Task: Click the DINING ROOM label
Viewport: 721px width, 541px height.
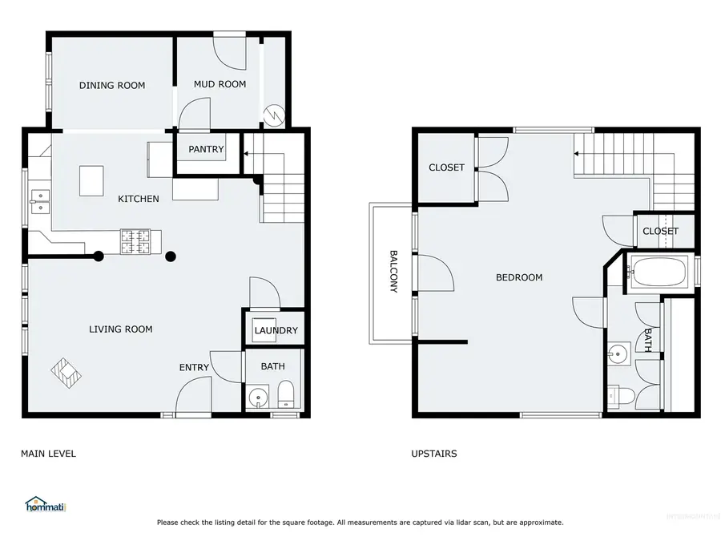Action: (112, 85)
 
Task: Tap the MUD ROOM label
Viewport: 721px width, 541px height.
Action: (220, 84)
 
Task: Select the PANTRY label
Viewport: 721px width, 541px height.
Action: (206, 149)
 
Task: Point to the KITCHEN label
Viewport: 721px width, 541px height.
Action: (139, 199)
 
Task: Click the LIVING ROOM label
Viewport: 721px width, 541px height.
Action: (120, 329)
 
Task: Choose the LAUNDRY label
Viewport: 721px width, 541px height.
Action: (276, 330)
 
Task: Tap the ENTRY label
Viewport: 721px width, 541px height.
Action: (194, 368)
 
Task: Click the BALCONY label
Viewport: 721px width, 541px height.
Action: (393, 272)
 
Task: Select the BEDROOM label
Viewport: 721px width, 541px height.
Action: (519, 277)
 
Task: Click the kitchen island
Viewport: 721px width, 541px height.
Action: (92, 180)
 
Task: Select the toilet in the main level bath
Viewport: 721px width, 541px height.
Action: (285, 394)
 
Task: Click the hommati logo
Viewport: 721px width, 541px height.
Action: (45, 505)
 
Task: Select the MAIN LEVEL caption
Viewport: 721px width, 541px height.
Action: (48, 454)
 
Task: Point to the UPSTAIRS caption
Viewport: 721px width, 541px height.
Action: (433, 454)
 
